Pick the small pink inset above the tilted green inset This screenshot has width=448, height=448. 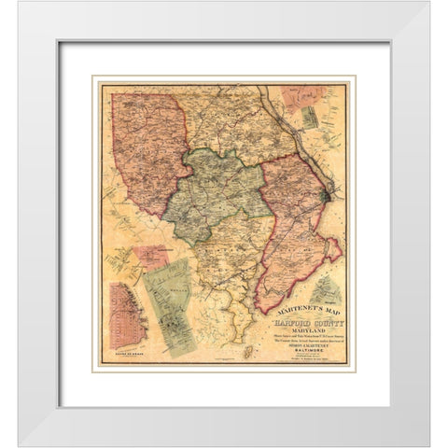coord(151,257)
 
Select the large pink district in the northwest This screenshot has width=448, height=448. coord(145,149)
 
